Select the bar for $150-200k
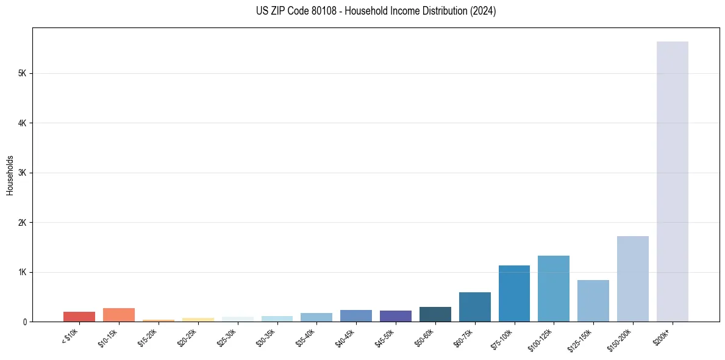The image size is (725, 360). point(632,279)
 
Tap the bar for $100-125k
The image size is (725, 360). point(554,289)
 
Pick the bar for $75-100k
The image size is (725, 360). point(514,293)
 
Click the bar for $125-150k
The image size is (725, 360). point(593,301)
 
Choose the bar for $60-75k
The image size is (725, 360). point(474,307)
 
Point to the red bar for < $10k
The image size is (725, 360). point(79,317)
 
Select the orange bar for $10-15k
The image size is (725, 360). point(119,315)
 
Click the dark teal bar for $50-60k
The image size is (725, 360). point(435,314)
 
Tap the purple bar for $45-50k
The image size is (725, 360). point(396,316)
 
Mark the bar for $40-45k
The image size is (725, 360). point(356,315)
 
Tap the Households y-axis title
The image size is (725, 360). point(10,175)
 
